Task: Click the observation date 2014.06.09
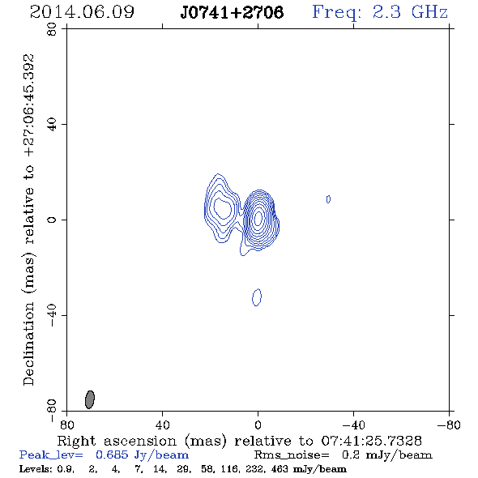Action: tap(82, 12)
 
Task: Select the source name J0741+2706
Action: tap(232, 12)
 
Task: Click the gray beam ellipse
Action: tap(90, 399)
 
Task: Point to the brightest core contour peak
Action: tap(258, 218)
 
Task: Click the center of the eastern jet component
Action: tap(223, 208)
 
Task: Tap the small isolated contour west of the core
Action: tap(328, 199)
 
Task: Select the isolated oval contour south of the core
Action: tap(257, 297)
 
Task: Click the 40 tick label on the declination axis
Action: tap(52, 125)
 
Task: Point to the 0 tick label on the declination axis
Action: tap(52, 220)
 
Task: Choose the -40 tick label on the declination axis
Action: tap(52, 315)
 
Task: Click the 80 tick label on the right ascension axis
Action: tap(66, 425)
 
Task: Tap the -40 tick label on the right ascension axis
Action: tap(353, 425)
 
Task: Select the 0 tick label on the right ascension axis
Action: tap(258, 425)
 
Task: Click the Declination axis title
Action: tap(28, 220)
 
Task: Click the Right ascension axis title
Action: tap(239, 441)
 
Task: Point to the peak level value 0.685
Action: tap(112, 455)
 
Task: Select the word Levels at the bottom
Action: tap(35, 469)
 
